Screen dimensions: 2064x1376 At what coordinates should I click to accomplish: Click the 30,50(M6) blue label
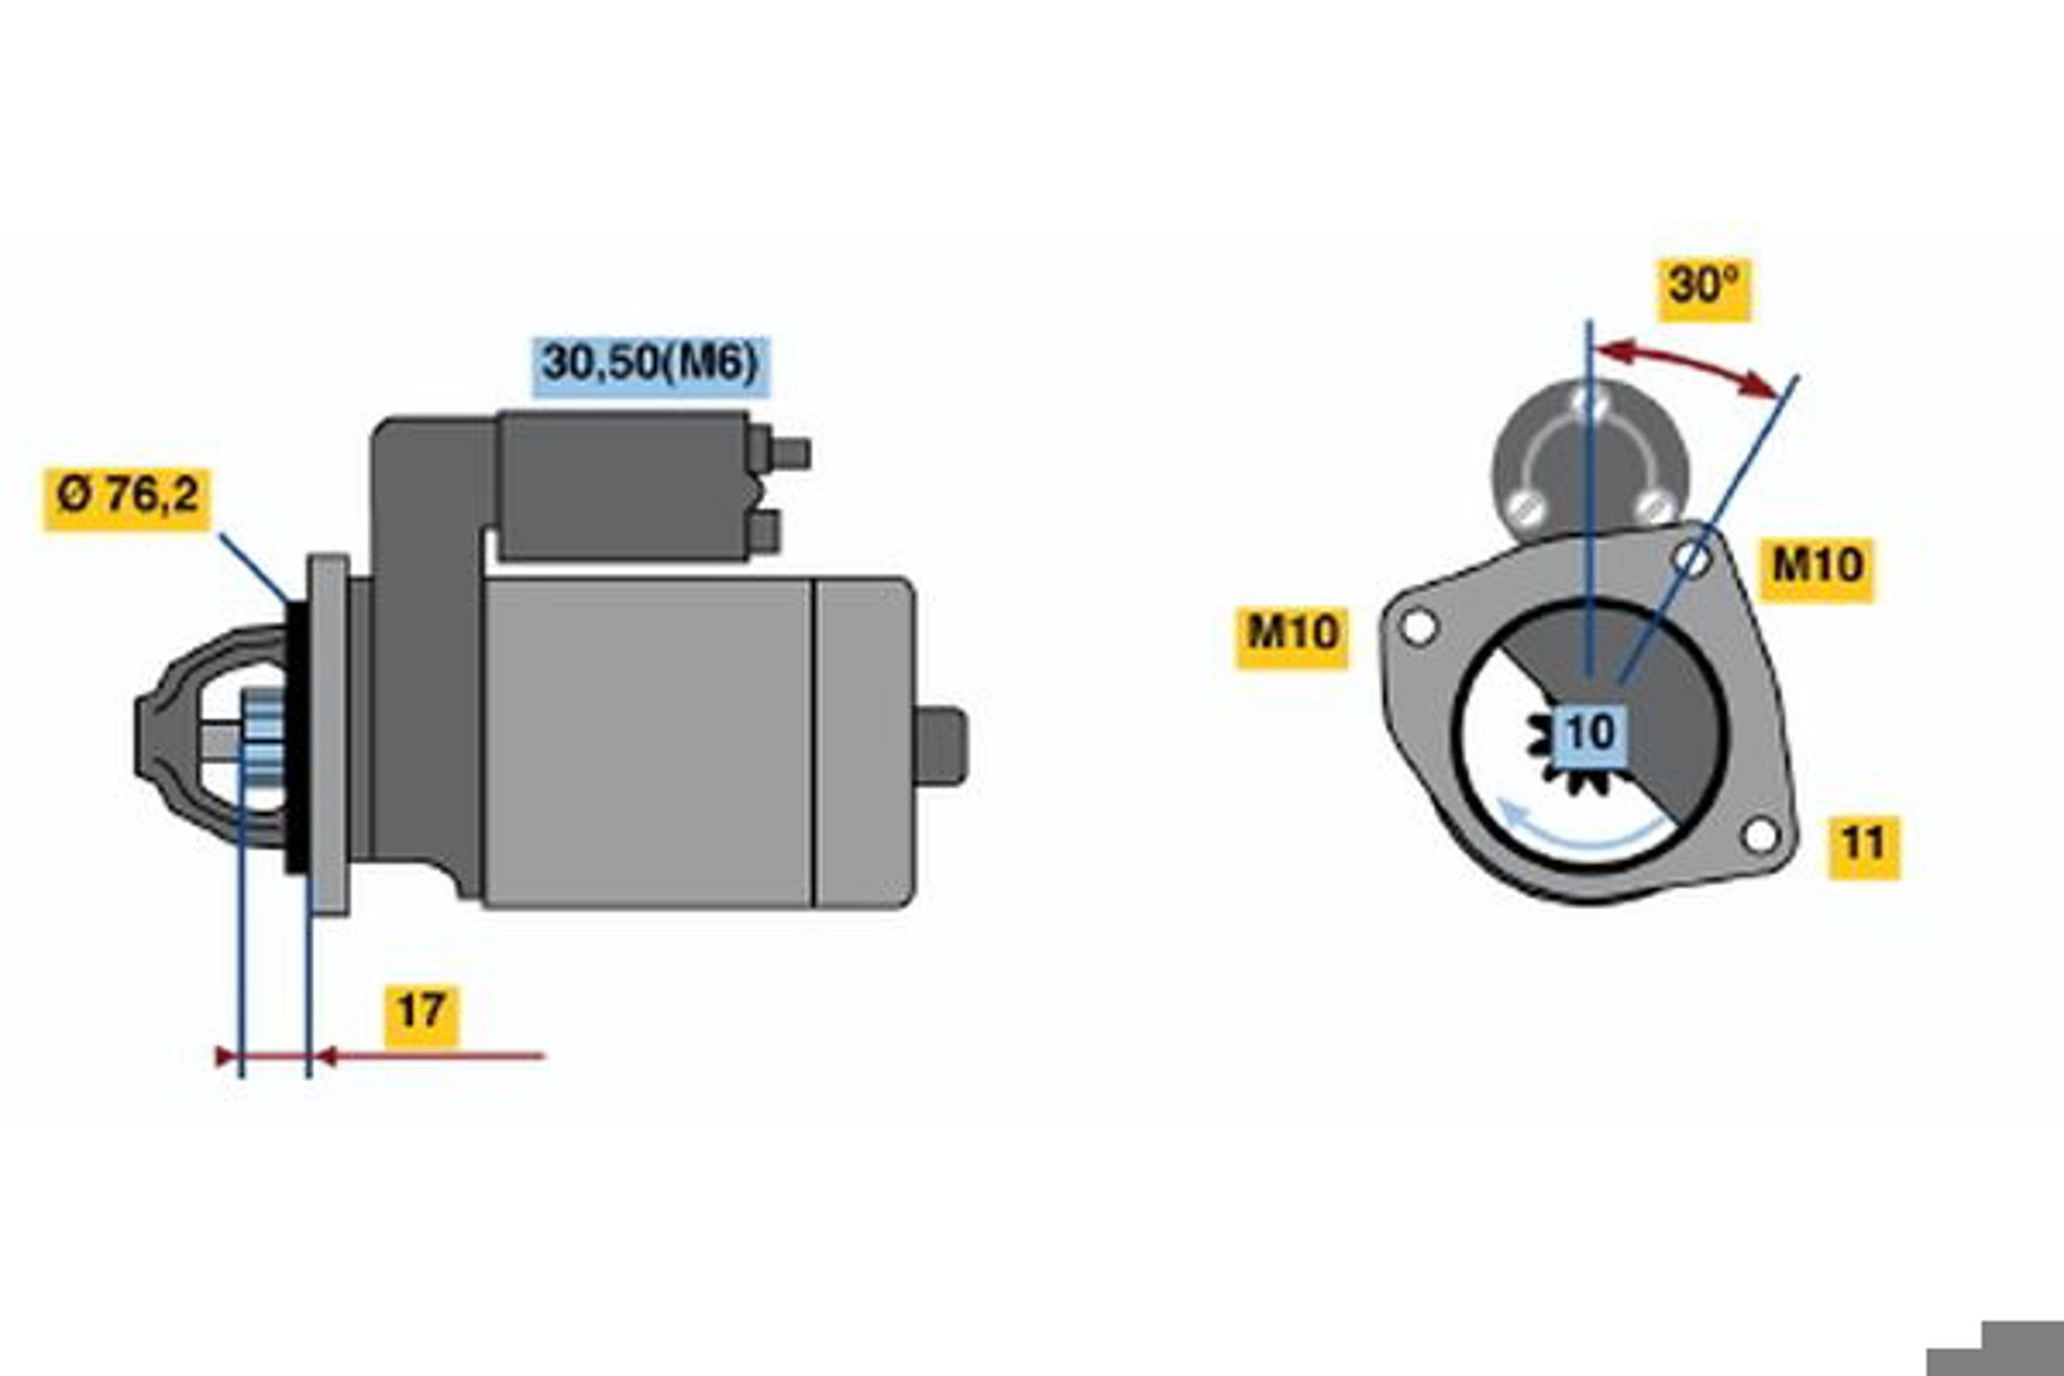[650, 365]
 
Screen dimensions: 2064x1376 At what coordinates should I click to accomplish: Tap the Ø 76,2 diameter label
[127, 499]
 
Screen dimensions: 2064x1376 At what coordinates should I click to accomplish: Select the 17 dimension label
[421, 1016]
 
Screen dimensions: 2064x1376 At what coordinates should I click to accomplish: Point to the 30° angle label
[1704, 290]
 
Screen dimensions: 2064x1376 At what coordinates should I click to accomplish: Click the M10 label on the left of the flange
[1292, 637]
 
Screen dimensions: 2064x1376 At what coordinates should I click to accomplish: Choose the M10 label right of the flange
[1816, 569]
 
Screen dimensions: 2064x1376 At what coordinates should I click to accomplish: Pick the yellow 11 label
[1864, 847]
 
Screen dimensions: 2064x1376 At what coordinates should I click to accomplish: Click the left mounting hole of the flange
[1418, 627]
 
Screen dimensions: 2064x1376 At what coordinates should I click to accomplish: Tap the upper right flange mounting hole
[1692, 559]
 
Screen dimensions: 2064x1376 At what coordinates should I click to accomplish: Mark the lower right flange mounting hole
[1760, 834]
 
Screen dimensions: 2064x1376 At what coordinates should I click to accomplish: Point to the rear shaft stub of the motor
[941, 746]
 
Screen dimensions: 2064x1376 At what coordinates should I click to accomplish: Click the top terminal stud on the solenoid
[789, 454]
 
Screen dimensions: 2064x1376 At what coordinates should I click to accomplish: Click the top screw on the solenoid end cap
[1589, 403]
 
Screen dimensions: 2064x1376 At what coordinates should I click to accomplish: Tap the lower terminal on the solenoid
[765, 532]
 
